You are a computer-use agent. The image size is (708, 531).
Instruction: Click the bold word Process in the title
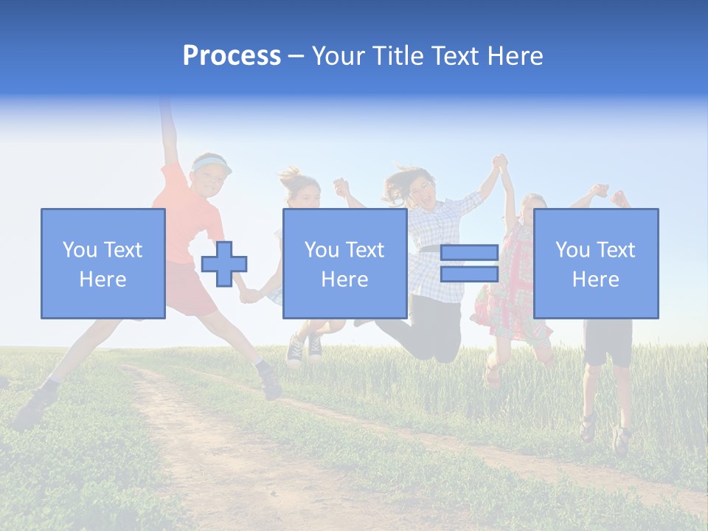pyautogui.click(x=232, y=56)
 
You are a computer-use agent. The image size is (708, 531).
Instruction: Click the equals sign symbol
pyautogui.click(x=470, y=263)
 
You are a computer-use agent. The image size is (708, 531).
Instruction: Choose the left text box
pyautogui.click(x=103, y=263)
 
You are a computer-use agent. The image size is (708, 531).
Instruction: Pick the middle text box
pyautogui.click(x=345, y=263)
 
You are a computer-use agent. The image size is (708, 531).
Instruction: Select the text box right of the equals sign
pyautogui.click(x=596, y=263)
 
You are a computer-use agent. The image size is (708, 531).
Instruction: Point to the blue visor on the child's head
pyautogui.click(x=212, y=163)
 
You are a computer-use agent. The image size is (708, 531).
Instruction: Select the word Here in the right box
pyautogui.click(x=596, y=279)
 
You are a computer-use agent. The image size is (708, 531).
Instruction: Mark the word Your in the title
pyautogui.click(x=340, y=56)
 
